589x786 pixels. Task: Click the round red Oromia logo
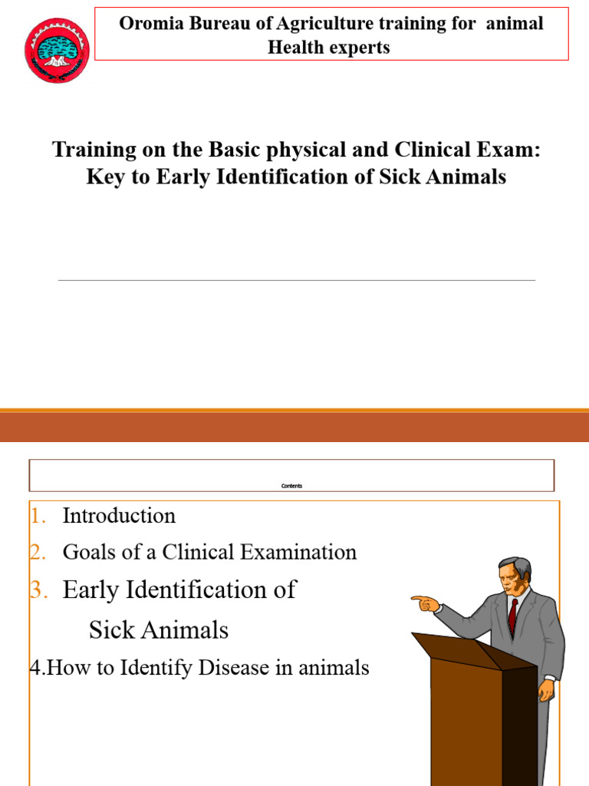click(x=57, y=51)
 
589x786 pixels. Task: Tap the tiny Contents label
click(x=291, y=486)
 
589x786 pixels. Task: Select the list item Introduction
click(x=119, y=516)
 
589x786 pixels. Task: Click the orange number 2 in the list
click(x=37, y=552)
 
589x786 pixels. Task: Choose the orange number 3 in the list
click(x=38, y=590)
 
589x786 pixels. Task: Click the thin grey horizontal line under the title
click(x=297, y=280)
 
